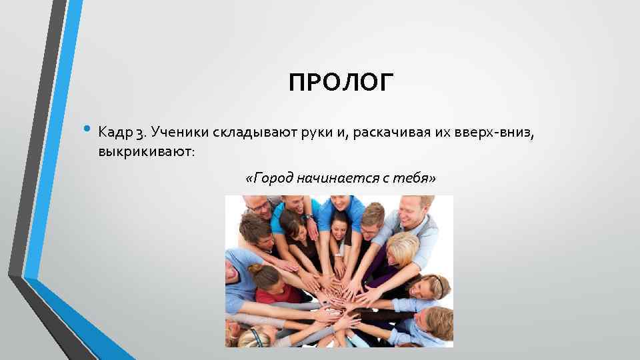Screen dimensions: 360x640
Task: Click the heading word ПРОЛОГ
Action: pos(341,83)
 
